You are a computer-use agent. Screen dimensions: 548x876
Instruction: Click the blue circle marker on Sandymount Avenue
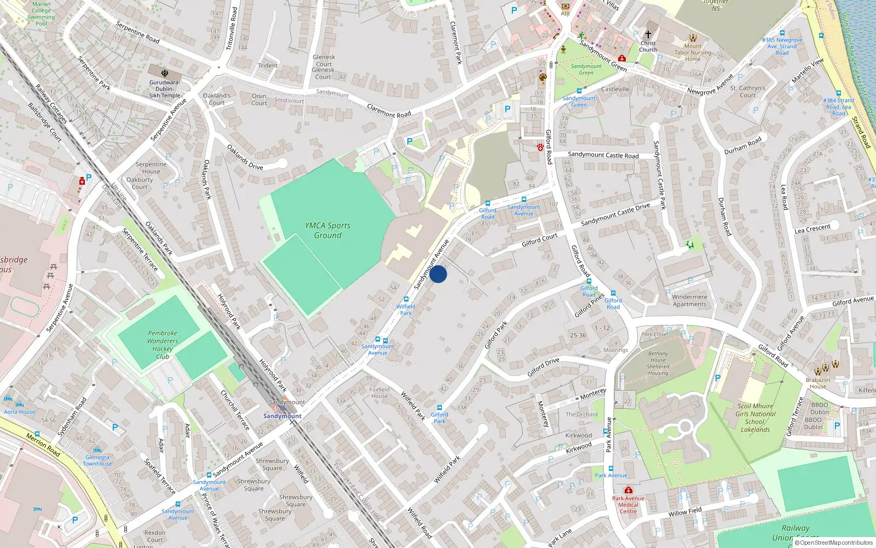(x=438, y=274)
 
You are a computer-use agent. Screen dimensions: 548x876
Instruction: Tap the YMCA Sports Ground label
(x=327, y=230)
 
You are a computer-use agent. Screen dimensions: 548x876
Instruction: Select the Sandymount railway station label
(x=282, y=416)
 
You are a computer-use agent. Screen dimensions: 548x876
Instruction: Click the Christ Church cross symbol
(x=648, y=34)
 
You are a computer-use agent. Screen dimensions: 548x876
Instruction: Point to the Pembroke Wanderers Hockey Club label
(x=163, y=345)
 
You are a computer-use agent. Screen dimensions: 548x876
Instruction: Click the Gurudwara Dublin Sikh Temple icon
(x=165, y=73)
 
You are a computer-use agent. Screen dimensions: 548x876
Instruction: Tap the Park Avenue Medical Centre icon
(x=628, y=490)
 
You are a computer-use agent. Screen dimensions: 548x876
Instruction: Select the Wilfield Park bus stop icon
(x=406, y=299)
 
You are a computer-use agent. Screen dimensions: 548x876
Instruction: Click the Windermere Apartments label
(x=689, y=300)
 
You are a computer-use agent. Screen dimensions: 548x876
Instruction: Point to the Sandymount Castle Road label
(x=603, y=155)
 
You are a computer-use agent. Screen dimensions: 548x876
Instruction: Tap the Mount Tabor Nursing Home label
(x=693, y=53)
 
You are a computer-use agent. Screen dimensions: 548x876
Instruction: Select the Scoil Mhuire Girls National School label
(x=755, y=418)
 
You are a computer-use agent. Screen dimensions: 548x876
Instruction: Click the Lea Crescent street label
(x=812, y=228)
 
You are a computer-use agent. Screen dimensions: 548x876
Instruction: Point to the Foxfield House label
(x=379, y=393)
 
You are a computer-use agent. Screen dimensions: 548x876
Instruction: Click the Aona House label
(x=20, y=412)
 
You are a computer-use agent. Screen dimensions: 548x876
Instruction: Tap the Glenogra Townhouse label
(x=97, y=460)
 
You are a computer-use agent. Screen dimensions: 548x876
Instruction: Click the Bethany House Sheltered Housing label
(x=658, y=363)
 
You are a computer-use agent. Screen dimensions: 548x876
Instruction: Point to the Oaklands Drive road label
(x=245, y=157)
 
